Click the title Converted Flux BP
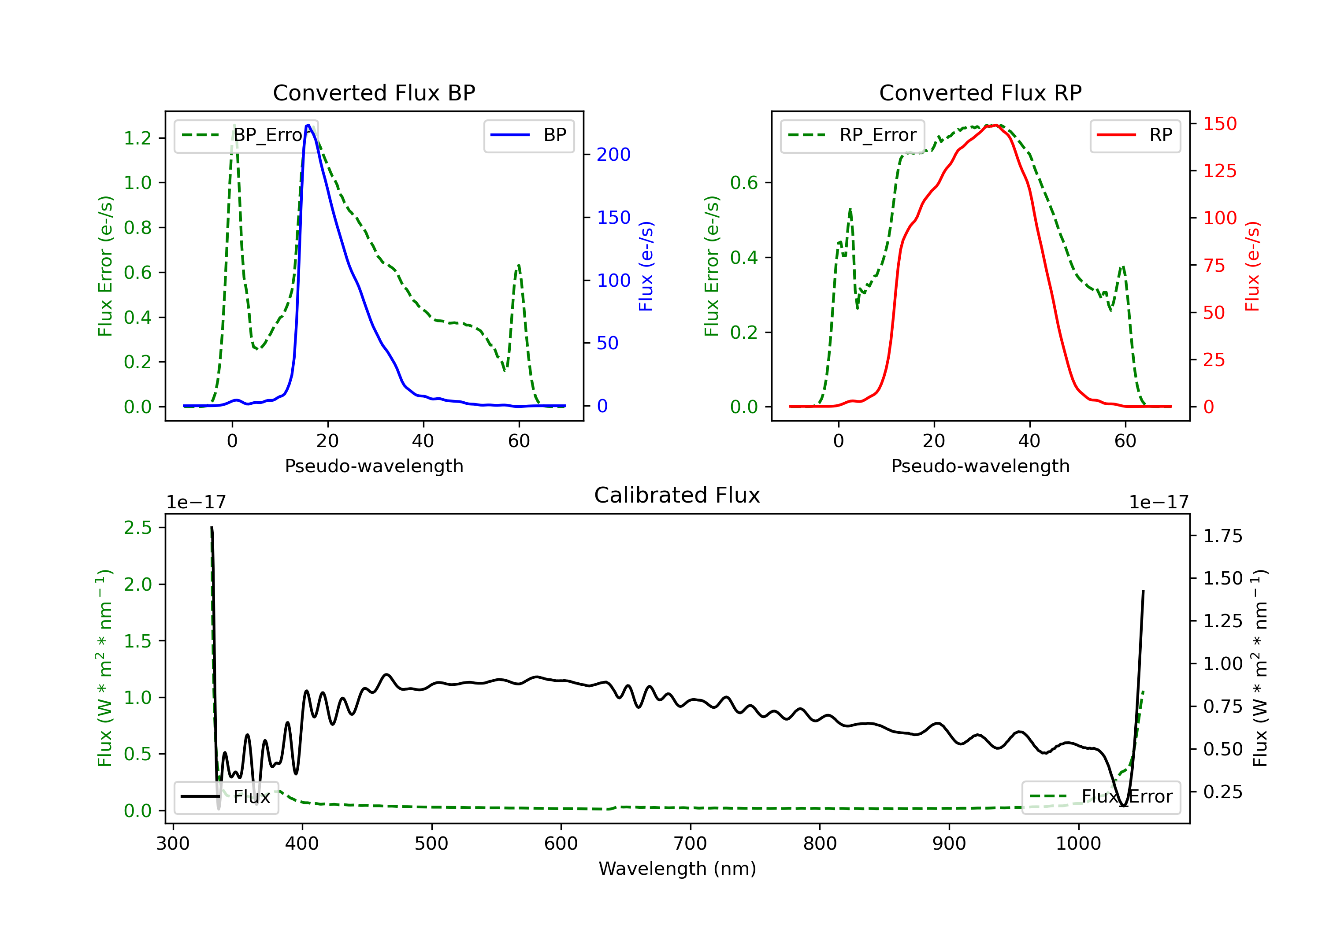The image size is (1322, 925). pyautogui.click(x=374, y=92)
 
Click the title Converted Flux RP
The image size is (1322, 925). pyautogui.click(x=980, y=92)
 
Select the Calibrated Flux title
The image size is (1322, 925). pyautogui.click(x=677, y=495)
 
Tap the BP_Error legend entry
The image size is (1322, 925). pyautogui.click(x=246, y=135)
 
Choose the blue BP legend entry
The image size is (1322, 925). pyautogui.click(x=528, y=135)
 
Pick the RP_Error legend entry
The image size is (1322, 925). pyautogui.click(x=852, y=135)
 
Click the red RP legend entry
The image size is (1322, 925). pyautogui.click(x=1134, y=135)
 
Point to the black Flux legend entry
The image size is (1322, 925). pyautogui.click(x=226, y=797)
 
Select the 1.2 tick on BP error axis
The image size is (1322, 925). pyautogui.click(x=137, y=138)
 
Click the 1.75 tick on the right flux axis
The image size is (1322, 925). pyautogui.click(x=1223, y=536)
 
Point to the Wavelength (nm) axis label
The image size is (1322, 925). pyautogui.click(x=677, y=869)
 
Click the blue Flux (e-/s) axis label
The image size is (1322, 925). pyautogui.click(x=646, y=266)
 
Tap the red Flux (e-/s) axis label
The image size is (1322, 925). pyautogui.click(x=1252, y=266)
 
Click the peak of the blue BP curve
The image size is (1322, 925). pyautogui.click(x=308, y=125)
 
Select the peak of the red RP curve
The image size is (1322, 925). pyautogui.click(x=995, y=125)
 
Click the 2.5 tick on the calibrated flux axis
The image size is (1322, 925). pyautogui.click(x=137, y=528)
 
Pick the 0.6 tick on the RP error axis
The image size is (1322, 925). pyautogui.click(x=744, y=183)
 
